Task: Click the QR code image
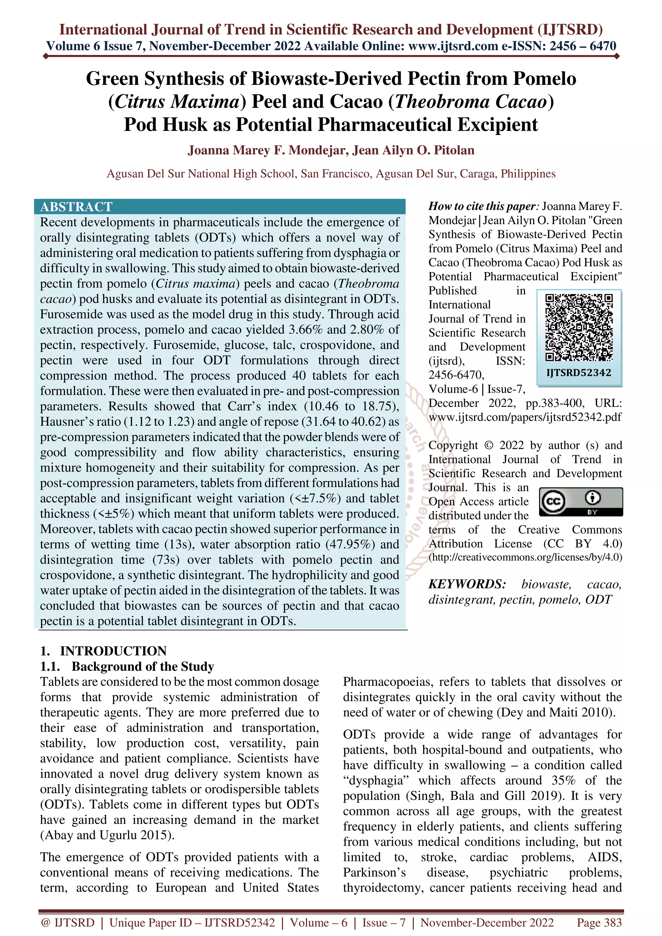click(x=579, y=328)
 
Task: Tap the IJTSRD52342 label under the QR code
click(x=579, y=373)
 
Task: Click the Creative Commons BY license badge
click(x=581, y=502)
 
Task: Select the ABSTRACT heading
click(x=76, y=207)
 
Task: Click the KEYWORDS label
click(x=467, y=584)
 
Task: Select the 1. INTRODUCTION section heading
click(x=103, y=650)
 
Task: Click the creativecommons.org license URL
click(x=525, y=557)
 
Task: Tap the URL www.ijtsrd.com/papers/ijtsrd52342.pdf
click(x=525, y=417)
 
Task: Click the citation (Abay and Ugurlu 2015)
click(x=107, y=835)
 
